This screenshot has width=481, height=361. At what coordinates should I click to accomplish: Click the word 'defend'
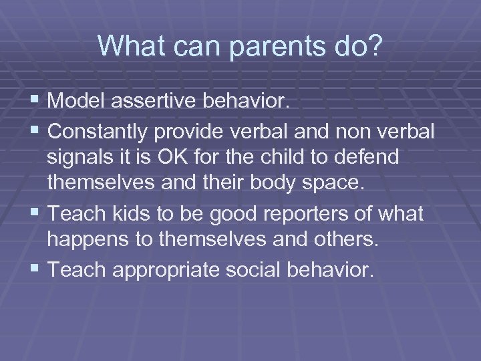click(370, 158)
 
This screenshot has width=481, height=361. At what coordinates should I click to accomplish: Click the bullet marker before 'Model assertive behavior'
click(37, 101)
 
